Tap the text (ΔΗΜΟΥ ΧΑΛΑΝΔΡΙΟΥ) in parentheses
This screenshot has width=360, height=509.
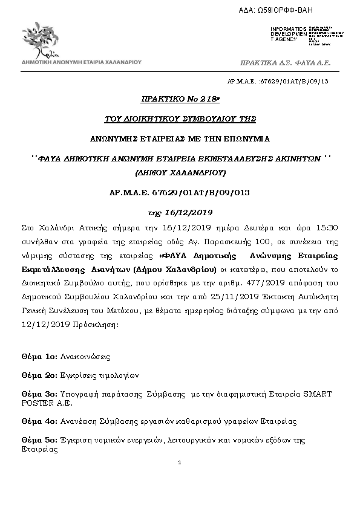point(180,172)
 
